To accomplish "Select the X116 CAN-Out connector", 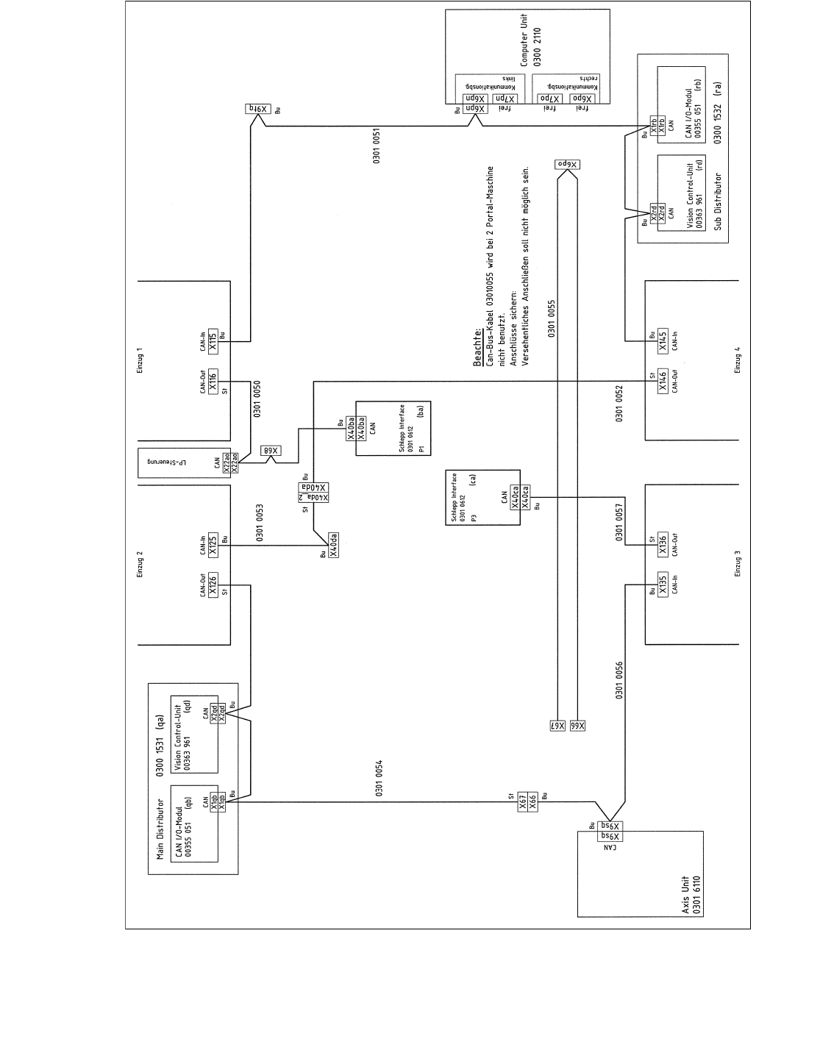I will click(x=213, y=383).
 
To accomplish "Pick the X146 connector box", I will click(x=663, y=382).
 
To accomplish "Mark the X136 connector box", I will click(x=663, y=544).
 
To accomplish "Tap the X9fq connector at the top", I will click(x=258, y=109).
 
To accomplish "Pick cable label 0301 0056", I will click(x=620, y=680).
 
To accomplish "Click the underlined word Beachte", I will click(x=477, y=348).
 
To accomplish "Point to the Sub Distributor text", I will click(x=719, y=201).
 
